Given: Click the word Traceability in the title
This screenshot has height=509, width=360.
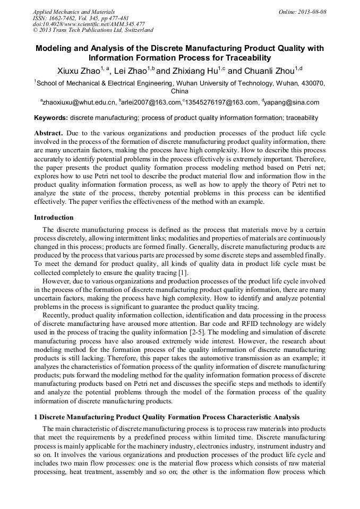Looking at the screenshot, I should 243,57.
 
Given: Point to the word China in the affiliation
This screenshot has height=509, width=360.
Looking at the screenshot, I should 179,91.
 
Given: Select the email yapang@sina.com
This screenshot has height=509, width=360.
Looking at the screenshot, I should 293,102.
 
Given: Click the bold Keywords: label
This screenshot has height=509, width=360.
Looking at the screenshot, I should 51,118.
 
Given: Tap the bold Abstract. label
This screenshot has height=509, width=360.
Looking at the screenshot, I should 49,133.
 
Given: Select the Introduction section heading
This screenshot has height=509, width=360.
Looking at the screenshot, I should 54,218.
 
